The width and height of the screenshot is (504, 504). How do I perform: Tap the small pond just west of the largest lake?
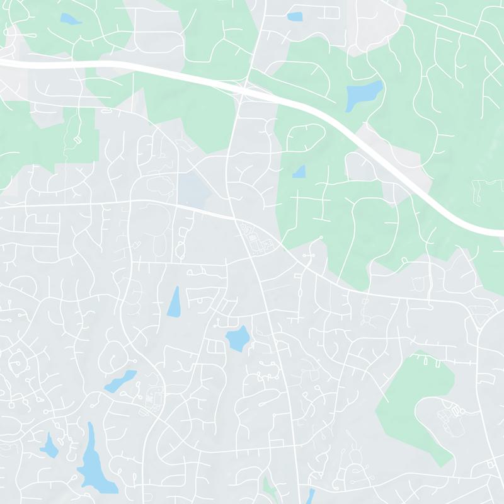(x=50, y=446)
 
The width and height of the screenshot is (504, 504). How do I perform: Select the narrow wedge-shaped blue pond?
(x=174, y=303)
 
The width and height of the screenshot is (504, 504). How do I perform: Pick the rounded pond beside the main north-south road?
(x=238, y=339)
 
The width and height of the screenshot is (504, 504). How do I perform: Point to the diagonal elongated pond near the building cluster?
(x=121, y=381)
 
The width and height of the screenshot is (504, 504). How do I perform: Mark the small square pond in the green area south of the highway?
(x=299, y=171)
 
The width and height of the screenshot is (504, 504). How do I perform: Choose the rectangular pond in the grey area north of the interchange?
(x=294, y=16)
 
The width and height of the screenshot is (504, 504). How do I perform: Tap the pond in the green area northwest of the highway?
(x=70, y=20)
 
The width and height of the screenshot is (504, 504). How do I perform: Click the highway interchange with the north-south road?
(x=244, y=89)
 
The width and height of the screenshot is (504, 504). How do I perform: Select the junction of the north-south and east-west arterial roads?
(x=235, y=219)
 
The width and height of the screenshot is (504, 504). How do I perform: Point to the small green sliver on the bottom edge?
(x=270, y=488)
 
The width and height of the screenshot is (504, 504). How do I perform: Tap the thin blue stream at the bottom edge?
(x=309, y=496)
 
